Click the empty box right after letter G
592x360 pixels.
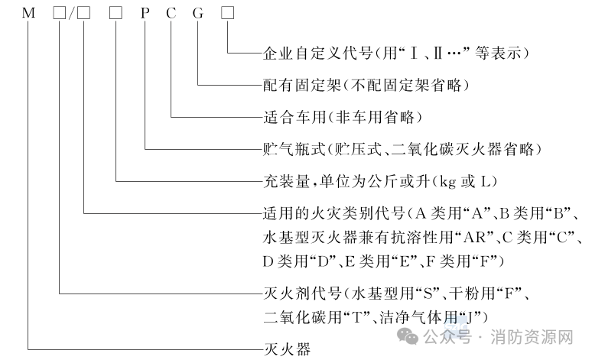click(227, 15)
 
